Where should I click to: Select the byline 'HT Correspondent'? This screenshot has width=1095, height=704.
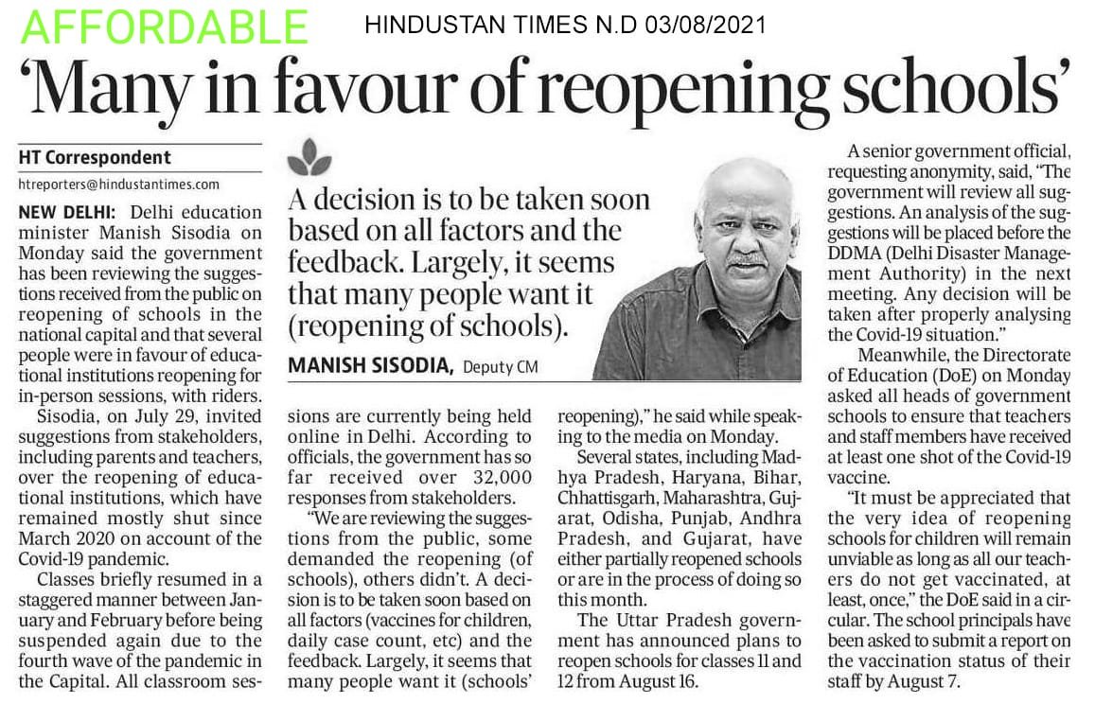coord(95,157)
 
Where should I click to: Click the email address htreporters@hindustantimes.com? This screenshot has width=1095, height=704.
coord(118,184)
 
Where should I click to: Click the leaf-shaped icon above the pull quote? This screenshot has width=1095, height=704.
coord(309,158)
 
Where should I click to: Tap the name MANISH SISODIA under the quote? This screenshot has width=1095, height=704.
coord(371,365)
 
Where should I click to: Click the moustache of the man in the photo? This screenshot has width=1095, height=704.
coord(749,257)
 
